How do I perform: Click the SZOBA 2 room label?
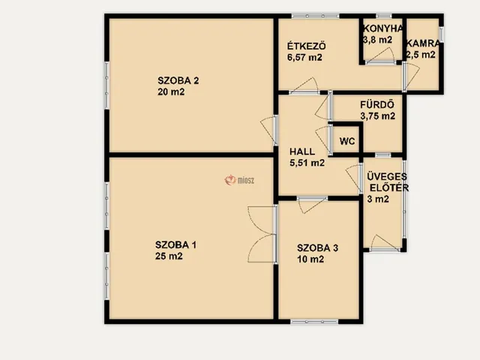(178, 80)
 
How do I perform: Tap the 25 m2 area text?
(169, 256)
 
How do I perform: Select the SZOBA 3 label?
(317, 248)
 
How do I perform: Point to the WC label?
(347, 141)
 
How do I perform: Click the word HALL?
(302, 151)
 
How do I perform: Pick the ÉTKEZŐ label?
(307, 46)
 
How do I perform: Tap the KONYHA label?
(383, 28)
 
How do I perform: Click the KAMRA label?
(423, 43)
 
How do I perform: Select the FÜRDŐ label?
(376, 104)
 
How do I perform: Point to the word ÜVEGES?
(387, 176)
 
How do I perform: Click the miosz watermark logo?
(239, 180)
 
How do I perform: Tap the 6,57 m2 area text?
(304, 57)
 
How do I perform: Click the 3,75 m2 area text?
(377, 115)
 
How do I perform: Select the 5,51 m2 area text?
(307, 163)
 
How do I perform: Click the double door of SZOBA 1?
(262, 234)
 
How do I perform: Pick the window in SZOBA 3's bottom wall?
(314, 322)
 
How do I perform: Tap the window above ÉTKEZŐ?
(315, 16)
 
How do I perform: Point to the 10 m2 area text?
(310, 259)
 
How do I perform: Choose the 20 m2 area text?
(171, 91)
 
